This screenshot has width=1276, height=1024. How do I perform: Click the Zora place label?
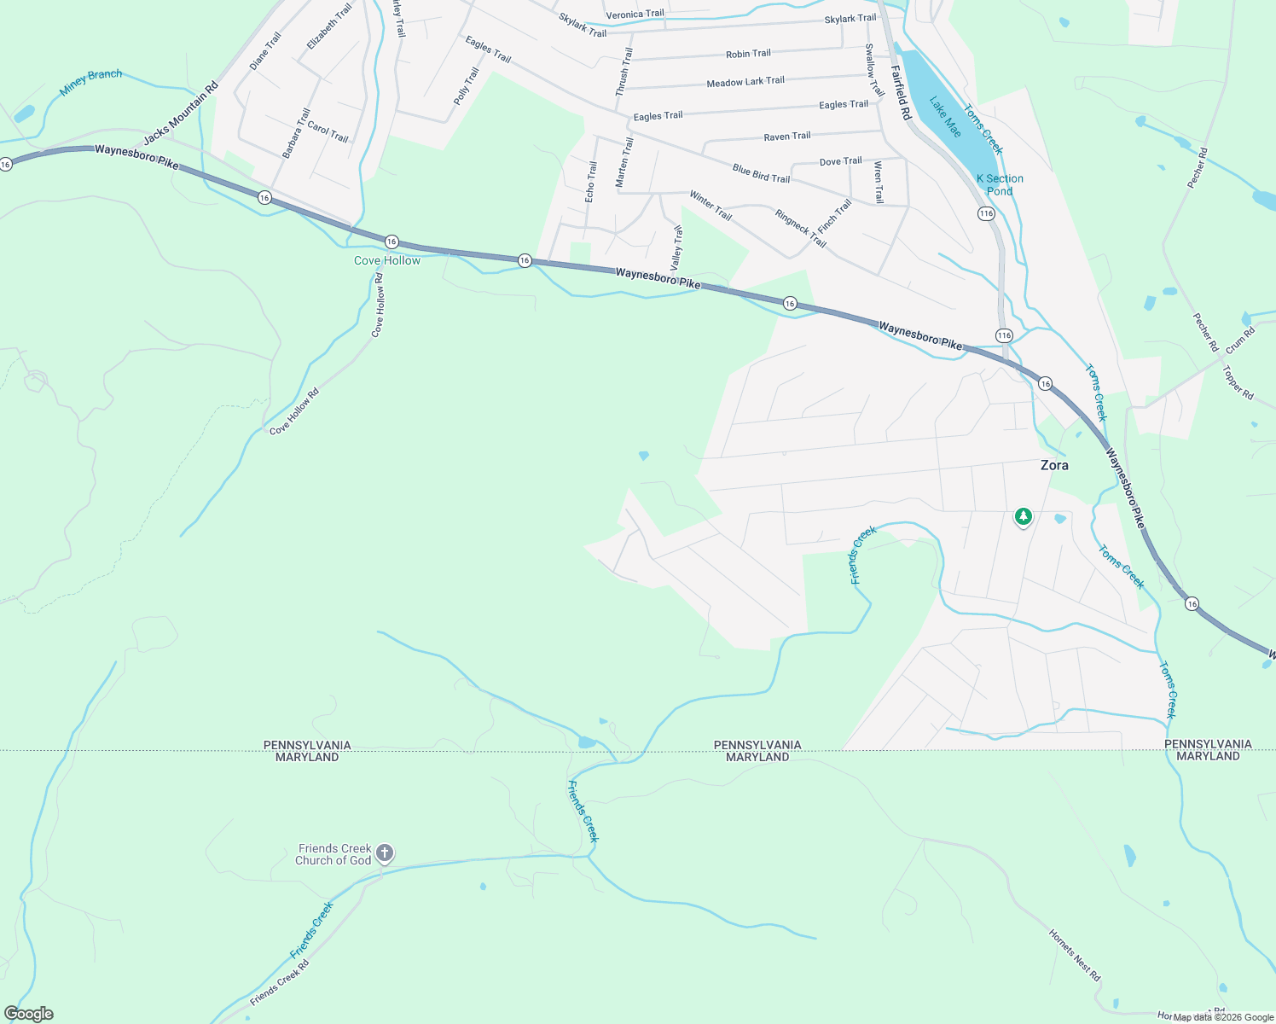pos(1054,465)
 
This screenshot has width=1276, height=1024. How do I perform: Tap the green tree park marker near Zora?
pos(1023,516)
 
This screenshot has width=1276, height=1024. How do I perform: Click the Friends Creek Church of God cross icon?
pos(385,852)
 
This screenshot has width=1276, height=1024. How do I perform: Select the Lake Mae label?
pos(945,117)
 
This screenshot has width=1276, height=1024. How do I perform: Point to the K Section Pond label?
pos(1000,184)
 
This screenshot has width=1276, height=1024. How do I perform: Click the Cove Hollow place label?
pos(387,260)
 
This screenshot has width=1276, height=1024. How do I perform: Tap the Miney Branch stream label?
pos(91,81)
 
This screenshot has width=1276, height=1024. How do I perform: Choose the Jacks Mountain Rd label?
pos(181,113)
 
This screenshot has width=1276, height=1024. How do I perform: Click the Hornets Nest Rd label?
pos(1075,954)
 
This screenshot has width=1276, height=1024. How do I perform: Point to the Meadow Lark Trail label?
pos(745,82)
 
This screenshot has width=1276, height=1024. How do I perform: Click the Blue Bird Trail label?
pos(761,173)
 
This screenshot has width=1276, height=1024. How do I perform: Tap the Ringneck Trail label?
pos(800,228)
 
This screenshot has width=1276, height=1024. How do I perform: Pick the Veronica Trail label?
pos(635,15)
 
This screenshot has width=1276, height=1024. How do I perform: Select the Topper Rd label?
pos(1238,382)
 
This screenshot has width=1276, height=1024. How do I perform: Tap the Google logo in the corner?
pos(28,1014)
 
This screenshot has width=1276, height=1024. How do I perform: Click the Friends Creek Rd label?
pos(280,982)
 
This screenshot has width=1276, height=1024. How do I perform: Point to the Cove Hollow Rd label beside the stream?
pos(293,412)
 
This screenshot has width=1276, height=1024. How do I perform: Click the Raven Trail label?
pos(787,137)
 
